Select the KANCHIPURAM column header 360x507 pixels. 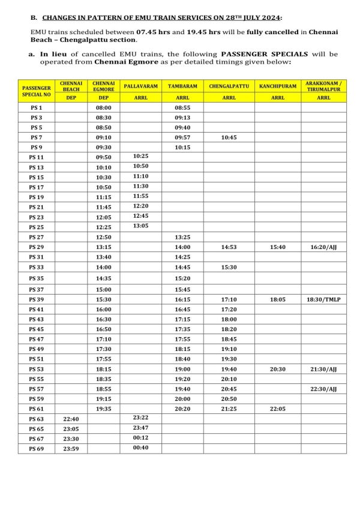[278, 86]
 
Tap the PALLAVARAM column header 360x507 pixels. [140, 86]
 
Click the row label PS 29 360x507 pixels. [37, 247]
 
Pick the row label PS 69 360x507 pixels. [37, 448]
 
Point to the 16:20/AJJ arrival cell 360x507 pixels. [324, 247]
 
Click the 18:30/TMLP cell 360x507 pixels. [324, 299]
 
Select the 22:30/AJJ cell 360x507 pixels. [324, 389]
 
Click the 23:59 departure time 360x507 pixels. [71, 448]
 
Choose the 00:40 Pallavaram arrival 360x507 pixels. [140, 448]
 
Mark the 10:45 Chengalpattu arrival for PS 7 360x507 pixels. [229, 137]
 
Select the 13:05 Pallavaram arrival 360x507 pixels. [140, 226]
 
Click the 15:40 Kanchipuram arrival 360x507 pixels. [278, 247]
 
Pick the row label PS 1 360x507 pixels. [37, 107]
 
